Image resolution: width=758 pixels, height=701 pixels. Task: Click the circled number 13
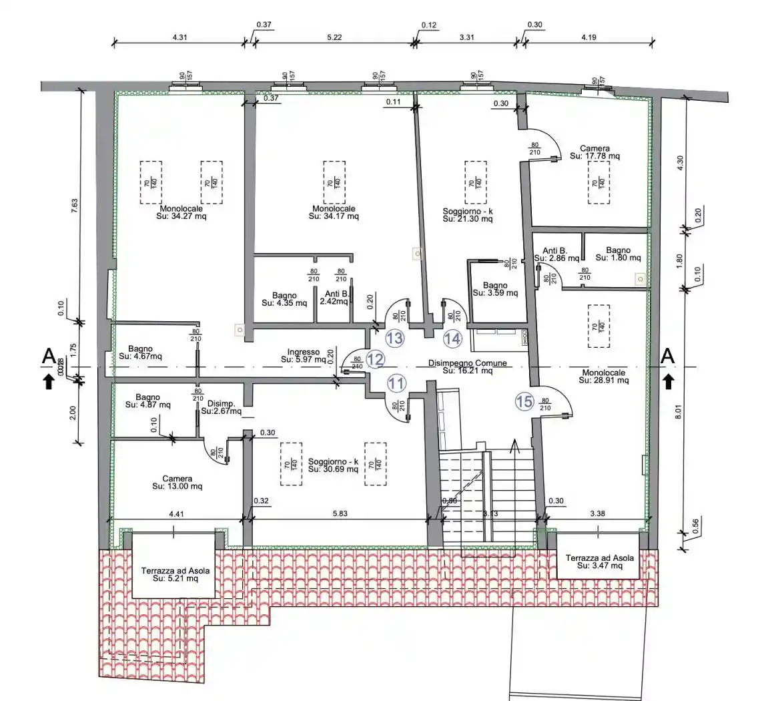(395, 338)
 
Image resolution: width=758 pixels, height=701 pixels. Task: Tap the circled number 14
(452, 338)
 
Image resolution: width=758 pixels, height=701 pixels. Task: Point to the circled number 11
(396, 383)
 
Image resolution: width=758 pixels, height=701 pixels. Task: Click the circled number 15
(524, 401)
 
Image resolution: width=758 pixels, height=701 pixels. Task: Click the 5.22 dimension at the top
(334, 38)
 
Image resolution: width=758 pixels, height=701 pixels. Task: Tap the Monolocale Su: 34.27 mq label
(177, 212)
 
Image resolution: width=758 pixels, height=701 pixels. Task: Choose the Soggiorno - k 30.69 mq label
(333, 465)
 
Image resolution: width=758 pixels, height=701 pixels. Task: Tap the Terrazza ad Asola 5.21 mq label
(173, 575)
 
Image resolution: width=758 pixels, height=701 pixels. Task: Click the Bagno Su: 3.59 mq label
(495, 289)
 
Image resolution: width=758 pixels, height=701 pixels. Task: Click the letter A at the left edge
(48, 357)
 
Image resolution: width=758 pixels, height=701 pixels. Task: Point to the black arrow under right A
(669, 381)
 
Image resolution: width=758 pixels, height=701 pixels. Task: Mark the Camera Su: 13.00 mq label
(177, 483)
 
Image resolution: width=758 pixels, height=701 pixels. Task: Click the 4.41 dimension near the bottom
(176, 515)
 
